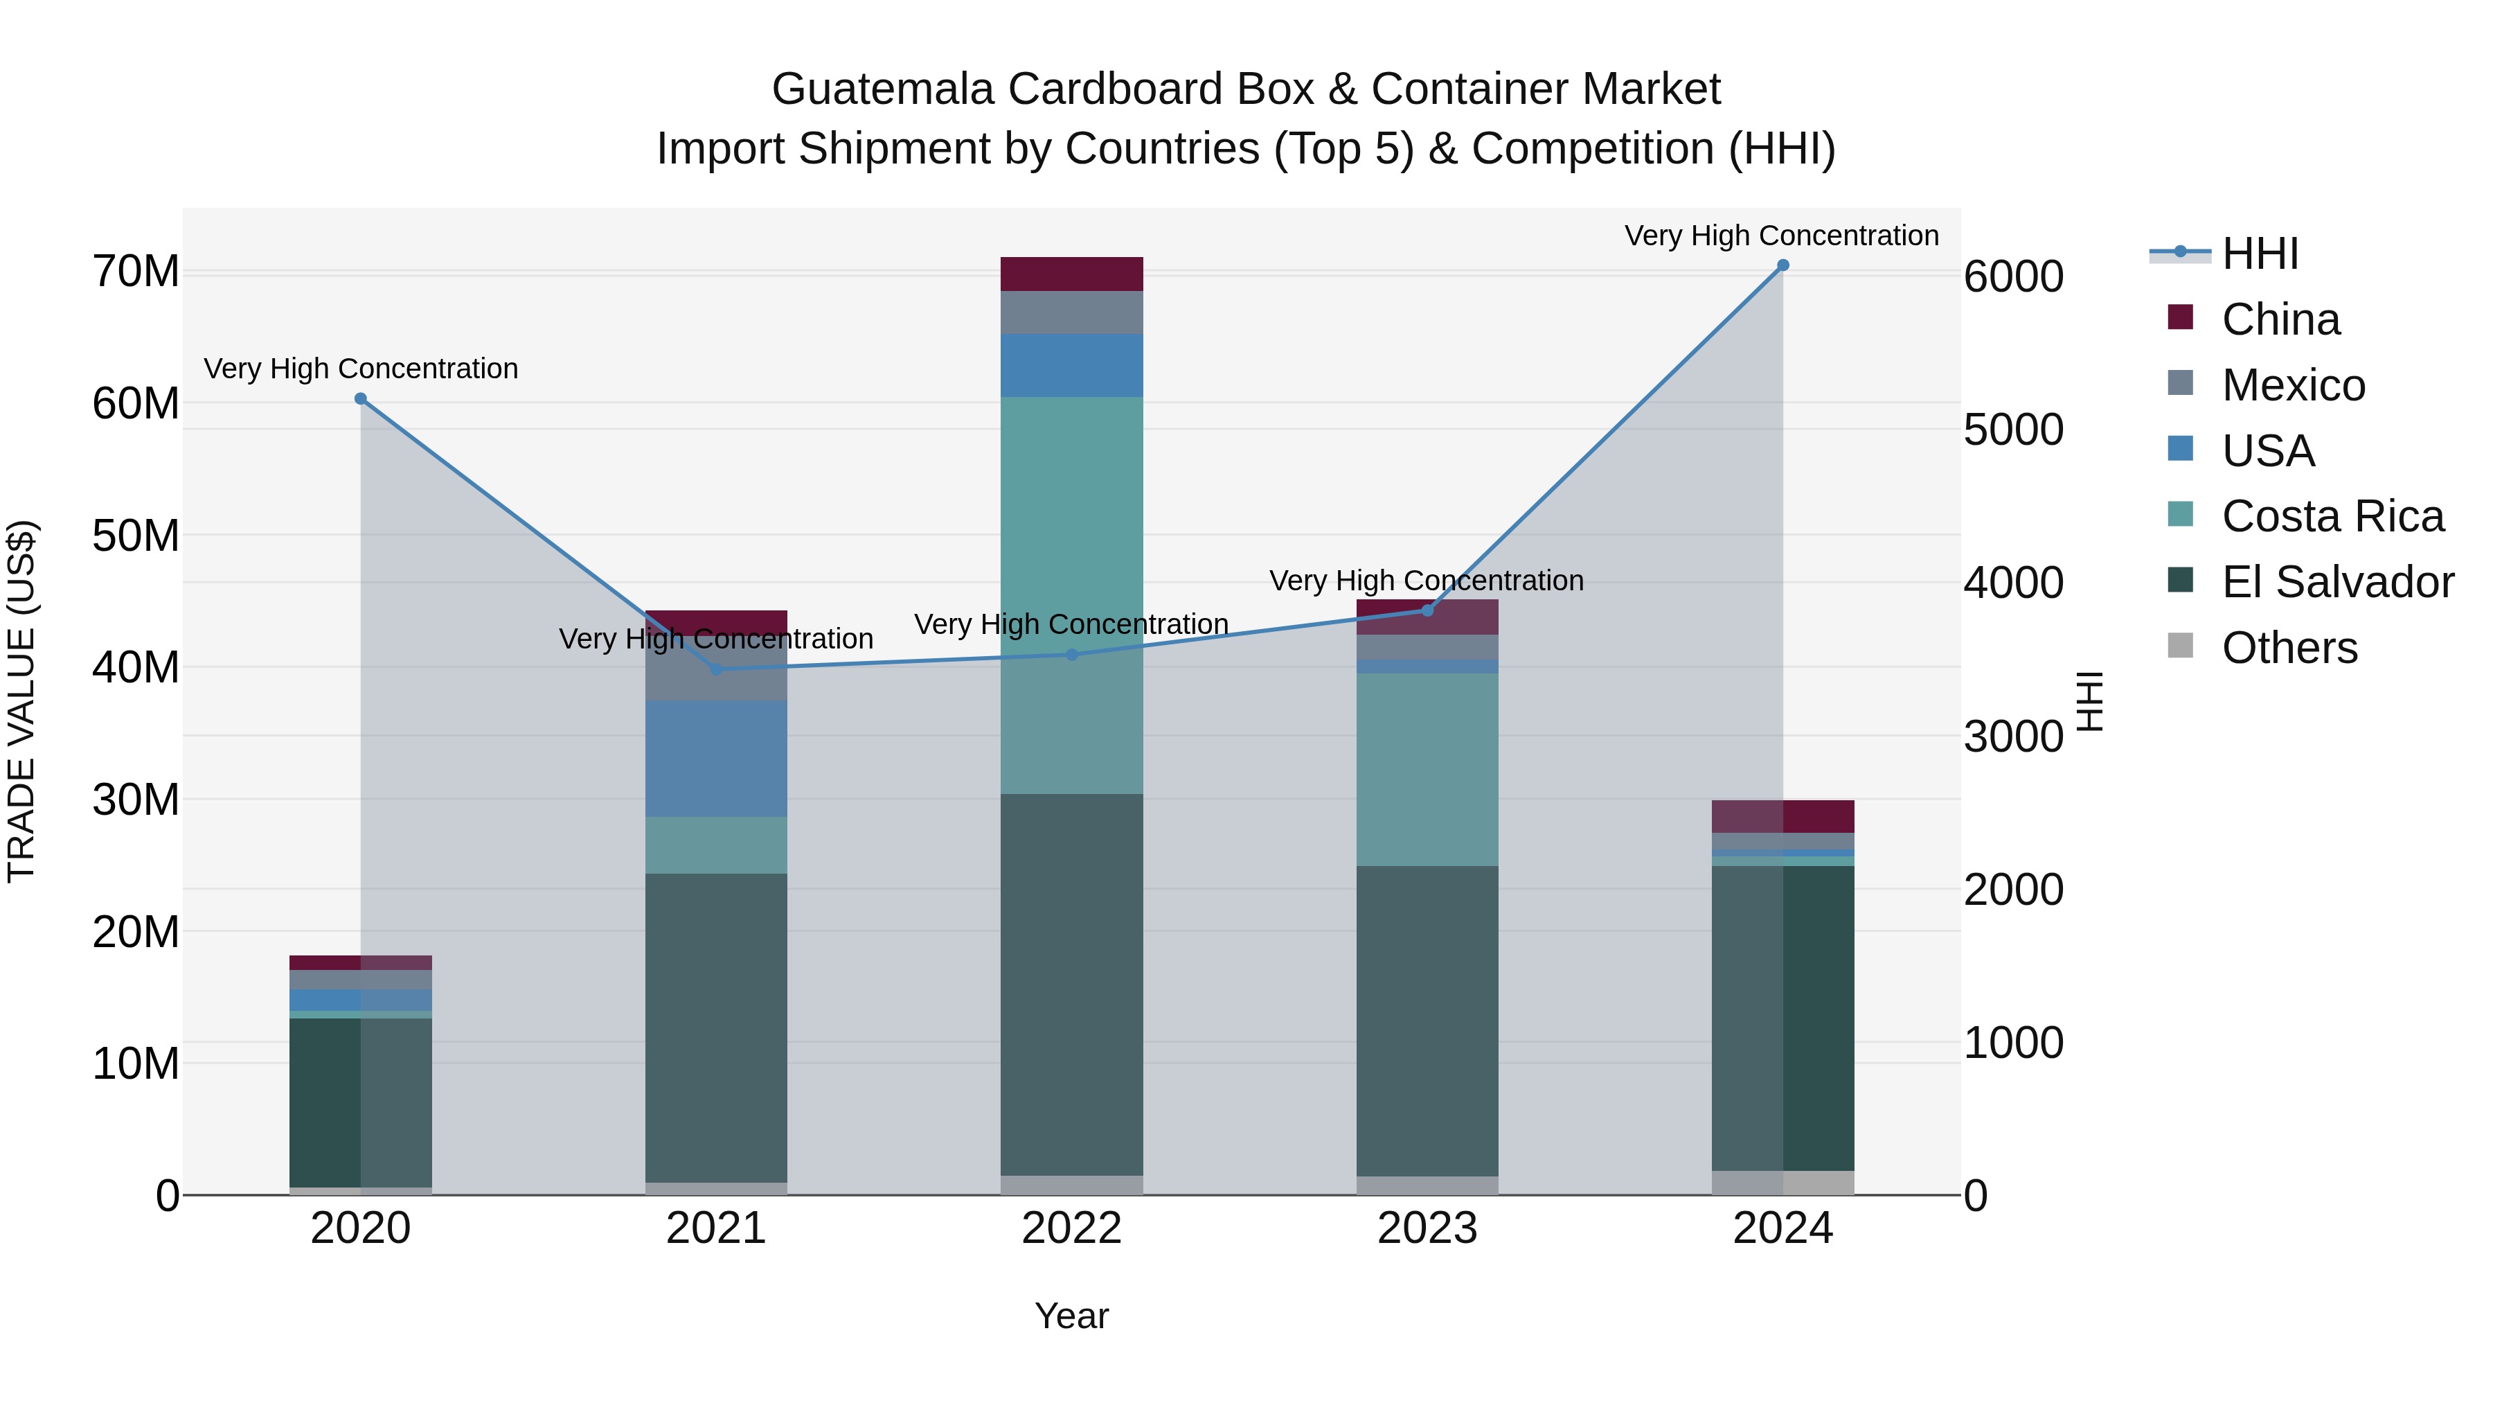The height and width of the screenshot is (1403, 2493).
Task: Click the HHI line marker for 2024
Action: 1782,265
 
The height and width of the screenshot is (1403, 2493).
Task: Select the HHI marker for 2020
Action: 361,399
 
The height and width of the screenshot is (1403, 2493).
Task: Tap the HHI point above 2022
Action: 1071,655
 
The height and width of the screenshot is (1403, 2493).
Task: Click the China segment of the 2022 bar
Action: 1071,274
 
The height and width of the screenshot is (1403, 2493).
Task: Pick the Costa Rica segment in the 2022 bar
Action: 1071,594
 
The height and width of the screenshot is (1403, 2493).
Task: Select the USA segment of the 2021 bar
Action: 716,758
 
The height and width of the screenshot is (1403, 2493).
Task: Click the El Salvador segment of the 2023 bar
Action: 1427,1021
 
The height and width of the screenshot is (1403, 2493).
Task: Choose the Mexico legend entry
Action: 2293,385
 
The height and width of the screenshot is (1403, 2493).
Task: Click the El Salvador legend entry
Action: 2336,582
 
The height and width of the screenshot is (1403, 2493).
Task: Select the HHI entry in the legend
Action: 2259,254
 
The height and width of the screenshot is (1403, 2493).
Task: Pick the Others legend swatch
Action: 2181,646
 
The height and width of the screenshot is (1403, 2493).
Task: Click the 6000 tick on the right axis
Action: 2013,277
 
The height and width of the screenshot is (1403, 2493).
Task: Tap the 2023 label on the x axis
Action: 1427,1228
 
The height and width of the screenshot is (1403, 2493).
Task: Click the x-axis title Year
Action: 1071,1316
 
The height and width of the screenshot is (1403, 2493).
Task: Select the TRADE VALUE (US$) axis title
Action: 21,701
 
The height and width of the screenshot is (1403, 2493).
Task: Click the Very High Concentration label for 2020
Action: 361,369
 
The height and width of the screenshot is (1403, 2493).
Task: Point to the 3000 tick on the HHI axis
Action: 2013,737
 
